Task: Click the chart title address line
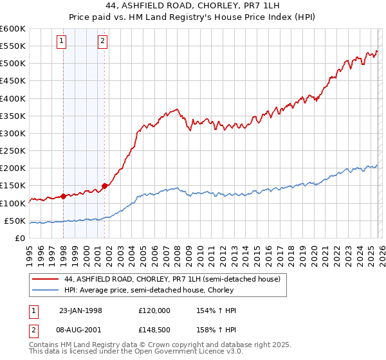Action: pyautogui.click(x=192, y=6)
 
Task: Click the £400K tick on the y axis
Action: pyautogui.click(x=12, y=98)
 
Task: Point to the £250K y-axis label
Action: pyautogui.click(x=12, y=150)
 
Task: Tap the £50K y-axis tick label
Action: pyautogui.click(x=15, y=221)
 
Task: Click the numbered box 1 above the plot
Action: pyautogui.click(x=62, y=42)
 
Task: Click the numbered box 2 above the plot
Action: pyautogui.click(x=102, y=42)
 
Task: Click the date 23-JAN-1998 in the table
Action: pyautogui.click(x=80, y=310)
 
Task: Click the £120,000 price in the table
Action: pyautogui.click(x=154, y=310)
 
